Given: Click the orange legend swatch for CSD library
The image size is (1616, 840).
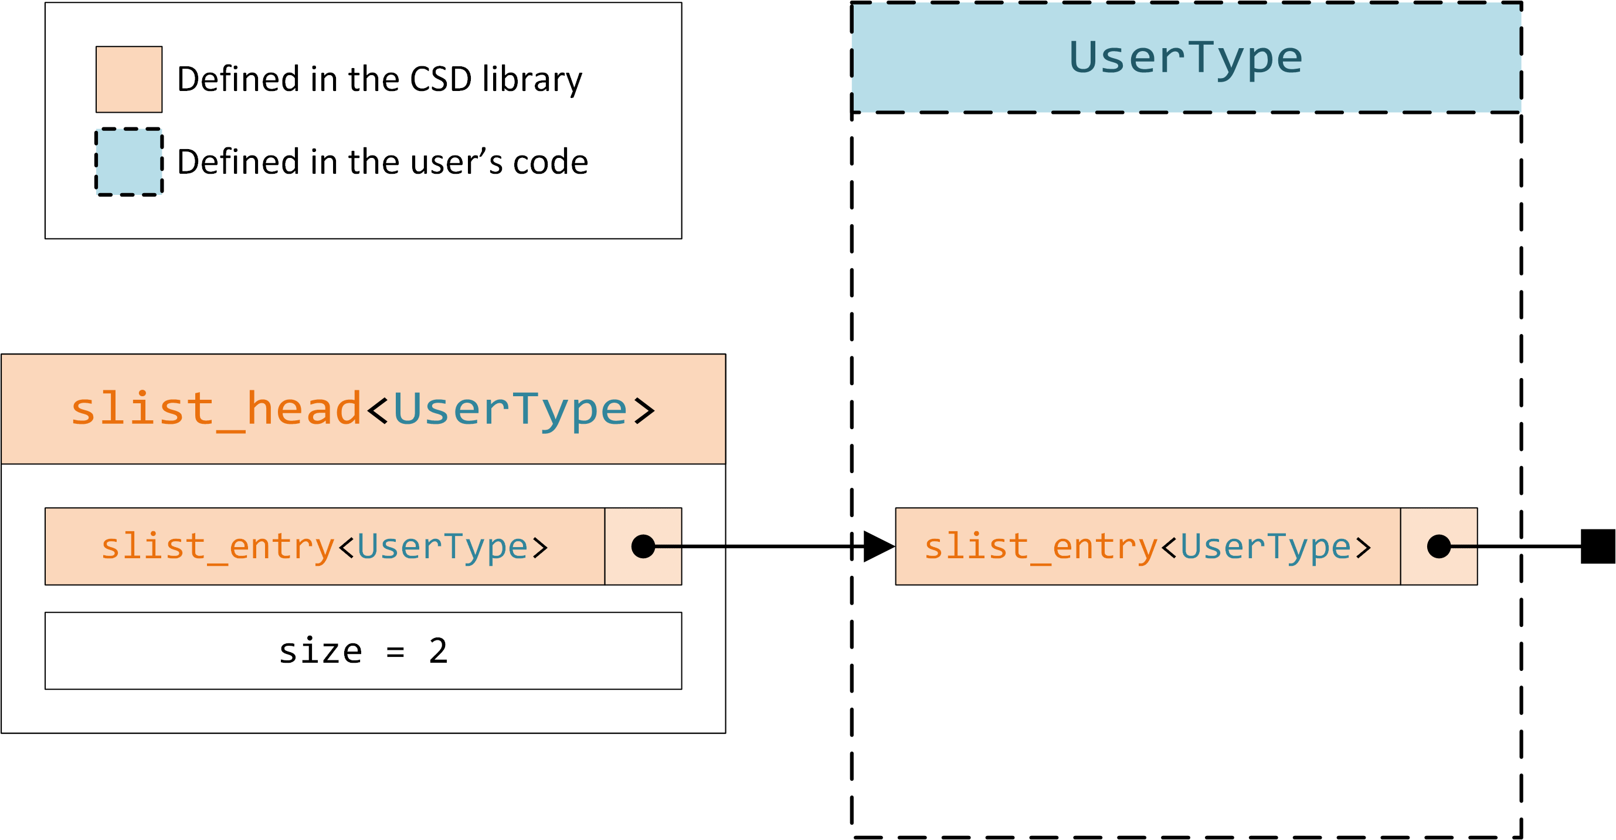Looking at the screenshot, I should (128, 79).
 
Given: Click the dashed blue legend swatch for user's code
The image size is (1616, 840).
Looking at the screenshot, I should (128, 162).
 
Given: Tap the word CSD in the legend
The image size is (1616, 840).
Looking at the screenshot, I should (440, 80).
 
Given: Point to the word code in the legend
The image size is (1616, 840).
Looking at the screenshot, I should (550, 163).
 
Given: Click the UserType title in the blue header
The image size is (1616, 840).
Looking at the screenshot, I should (1186, 58).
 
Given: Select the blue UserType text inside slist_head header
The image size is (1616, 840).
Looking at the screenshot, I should (510, 409).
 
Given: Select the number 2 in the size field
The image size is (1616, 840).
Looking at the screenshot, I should (438, 651).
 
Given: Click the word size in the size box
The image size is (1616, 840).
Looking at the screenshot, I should (321, 651).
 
